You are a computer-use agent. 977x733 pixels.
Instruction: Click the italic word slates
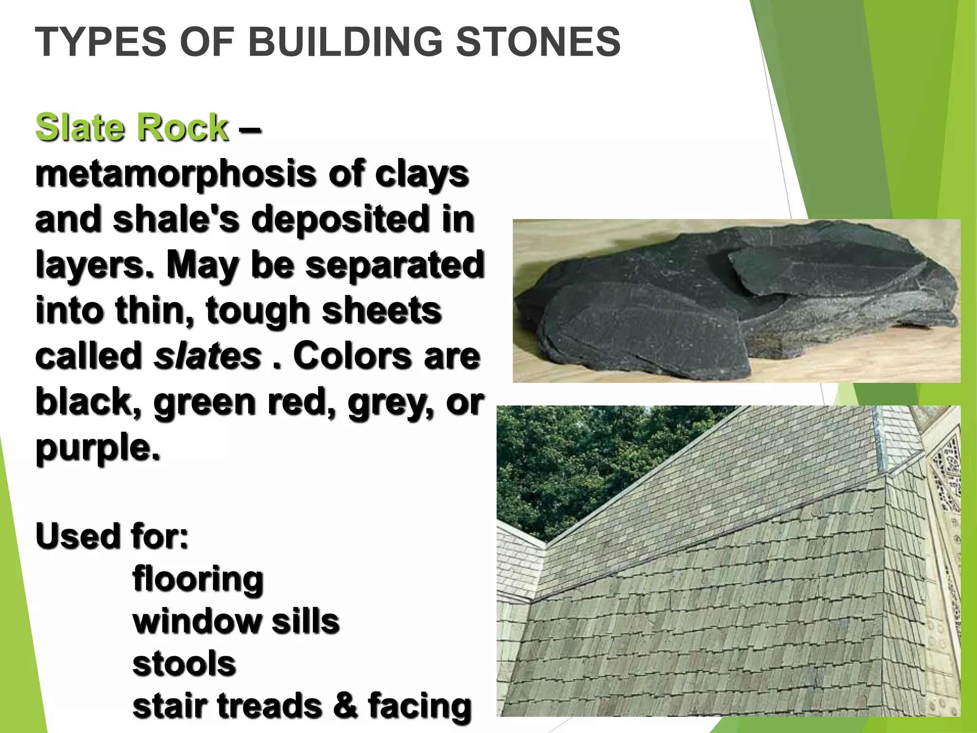coord(208,356)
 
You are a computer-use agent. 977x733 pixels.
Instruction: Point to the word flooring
coord(197,579)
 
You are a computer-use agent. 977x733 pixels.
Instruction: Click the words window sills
coord(236,621)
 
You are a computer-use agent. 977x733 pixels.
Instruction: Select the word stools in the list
coord(184,664)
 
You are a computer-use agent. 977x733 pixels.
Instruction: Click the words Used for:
coord(112,535)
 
